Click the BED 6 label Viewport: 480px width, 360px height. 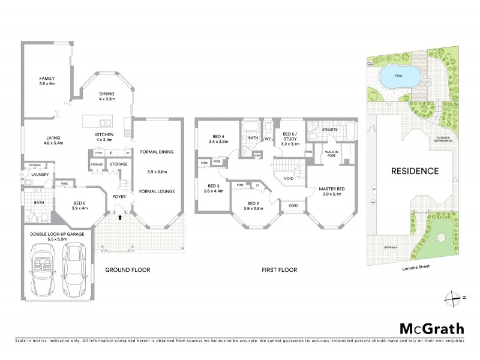(80, 205)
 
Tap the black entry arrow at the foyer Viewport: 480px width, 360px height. (119, 218)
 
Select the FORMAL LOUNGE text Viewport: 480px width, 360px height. (157, 191)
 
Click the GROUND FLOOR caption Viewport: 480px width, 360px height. (127, 270)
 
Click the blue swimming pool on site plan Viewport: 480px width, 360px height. (399, 77)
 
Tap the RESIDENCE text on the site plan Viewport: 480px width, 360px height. (415, 171)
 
